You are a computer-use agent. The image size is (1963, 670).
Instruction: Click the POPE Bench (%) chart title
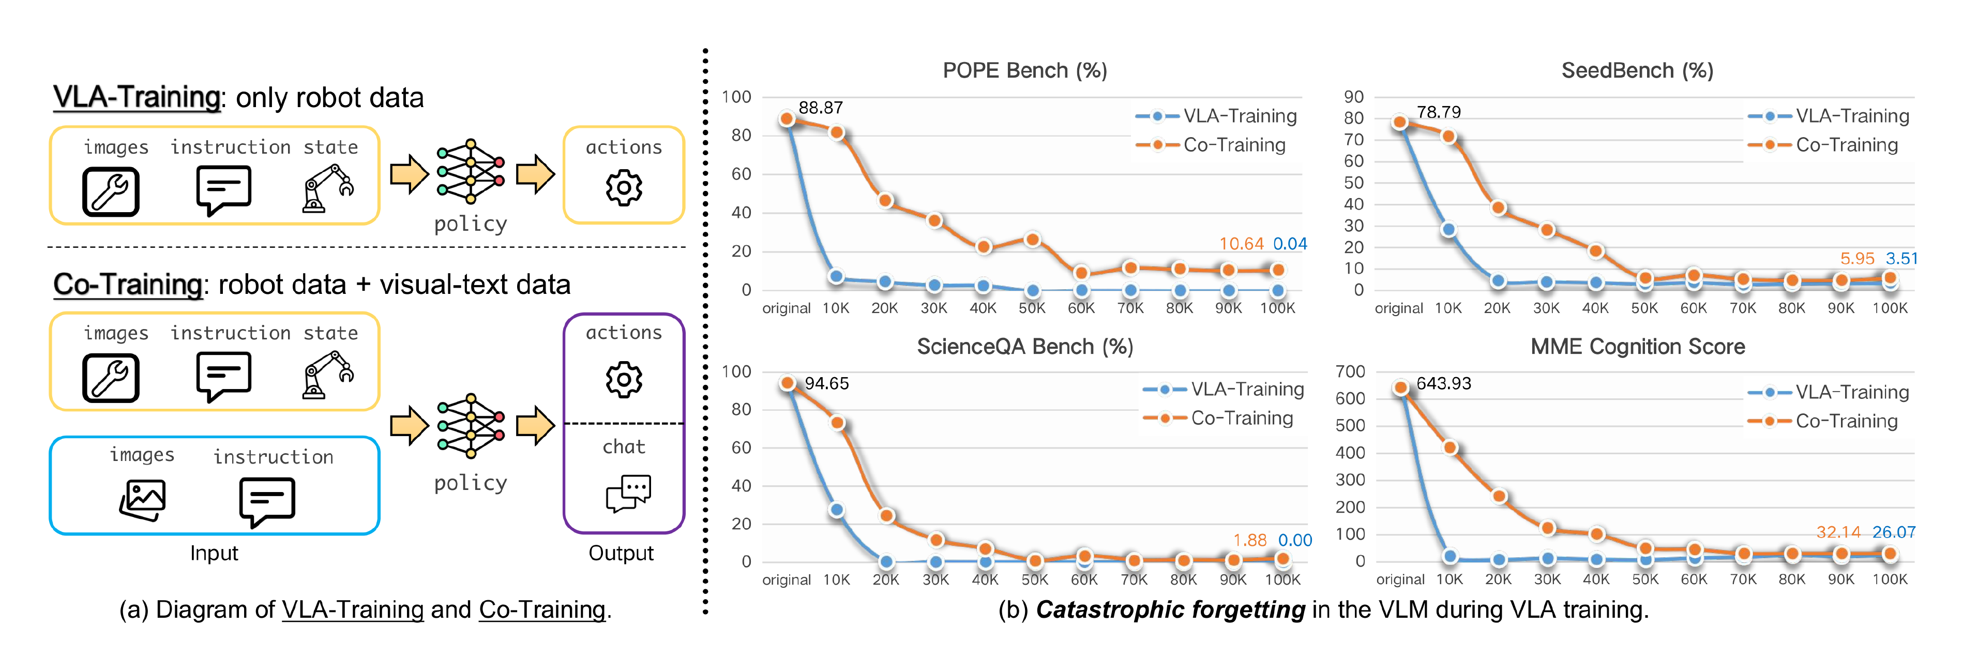pos(1024,71)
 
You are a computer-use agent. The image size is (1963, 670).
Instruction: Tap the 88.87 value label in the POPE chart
pos(820,108)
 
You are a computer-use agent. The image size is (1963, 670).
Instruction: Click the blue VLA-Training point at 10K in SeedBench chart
pos(1448,229)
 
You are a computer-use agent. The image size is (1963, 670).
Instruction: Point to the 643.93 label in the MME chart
pos(1443,383)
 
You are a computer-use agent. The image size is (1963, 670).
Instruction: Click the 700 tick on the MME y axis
pos(1350,371)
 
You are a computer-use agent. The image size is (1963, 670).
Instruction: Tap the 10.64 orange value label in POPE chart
pos(1241,244)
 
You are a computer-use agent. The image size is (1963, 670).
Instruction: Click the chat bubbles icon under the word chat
pos(628,493)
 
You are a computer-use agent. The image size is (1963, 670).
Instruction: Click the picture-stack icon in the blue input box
pos(143,499)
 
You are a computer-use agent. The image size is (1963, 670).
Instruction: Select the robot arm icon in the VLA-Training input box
pos(328,188)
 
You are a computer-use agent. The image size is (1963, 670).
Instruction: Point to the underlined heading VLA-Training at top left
pos(137,98)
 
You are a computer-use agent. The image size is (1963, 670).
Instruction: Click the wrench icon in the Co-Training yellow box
pos(111,377)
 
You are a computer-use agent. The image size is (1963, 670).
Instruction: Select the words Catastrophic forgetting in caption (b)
pos(1170,610)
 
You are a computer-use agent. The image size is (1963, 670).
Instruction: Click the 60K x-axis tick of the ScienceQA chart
pos(1083,579)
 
